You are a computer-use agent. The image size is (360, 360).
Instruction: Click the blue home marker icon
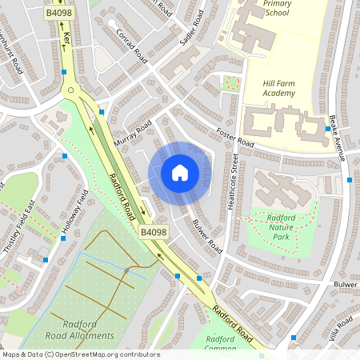(x=180, y=172)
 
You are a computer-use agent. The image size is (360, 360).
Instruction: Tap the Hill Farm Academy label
(x=267, y=88)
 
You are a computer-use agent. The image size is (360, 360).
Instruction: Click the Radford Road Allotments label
(x=81, y=330)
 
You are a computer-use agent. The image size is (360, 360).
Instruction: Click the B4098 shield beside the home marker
(x=154, y=232)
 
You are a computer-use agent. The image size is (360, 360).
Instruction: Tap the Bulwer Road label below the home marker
(x=206, y=236)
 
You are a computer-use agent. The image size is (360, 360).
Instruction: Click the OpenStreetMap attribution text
(x=80, y=354)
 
